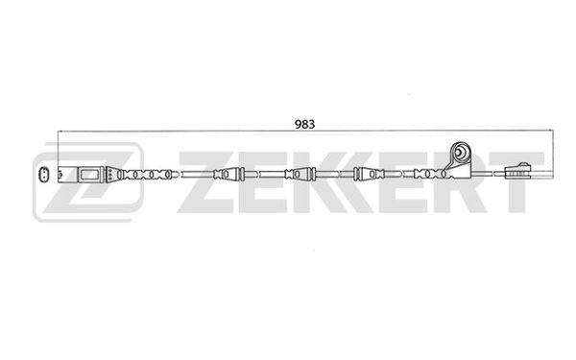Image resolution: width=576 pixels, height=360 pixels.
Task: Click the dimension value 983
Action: point(304,125)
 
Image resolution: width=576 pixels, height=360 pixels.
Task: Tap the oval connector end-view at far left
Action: point(44,174)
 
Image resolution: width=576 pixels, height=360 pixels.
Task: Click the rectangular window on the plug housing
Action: point(89,174)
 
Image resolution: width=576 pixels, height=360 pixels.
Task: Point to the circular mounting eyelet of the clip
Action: point(460,152)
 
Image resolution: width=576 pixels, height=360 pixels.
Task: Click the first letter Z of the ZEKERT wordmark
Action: point(205,181)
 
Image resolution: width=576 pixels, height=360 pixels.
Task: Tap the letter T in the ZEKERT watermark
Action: point(516,181)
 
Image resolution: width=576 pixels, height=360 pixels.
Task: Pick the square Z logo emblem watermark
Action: point(88,182)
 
